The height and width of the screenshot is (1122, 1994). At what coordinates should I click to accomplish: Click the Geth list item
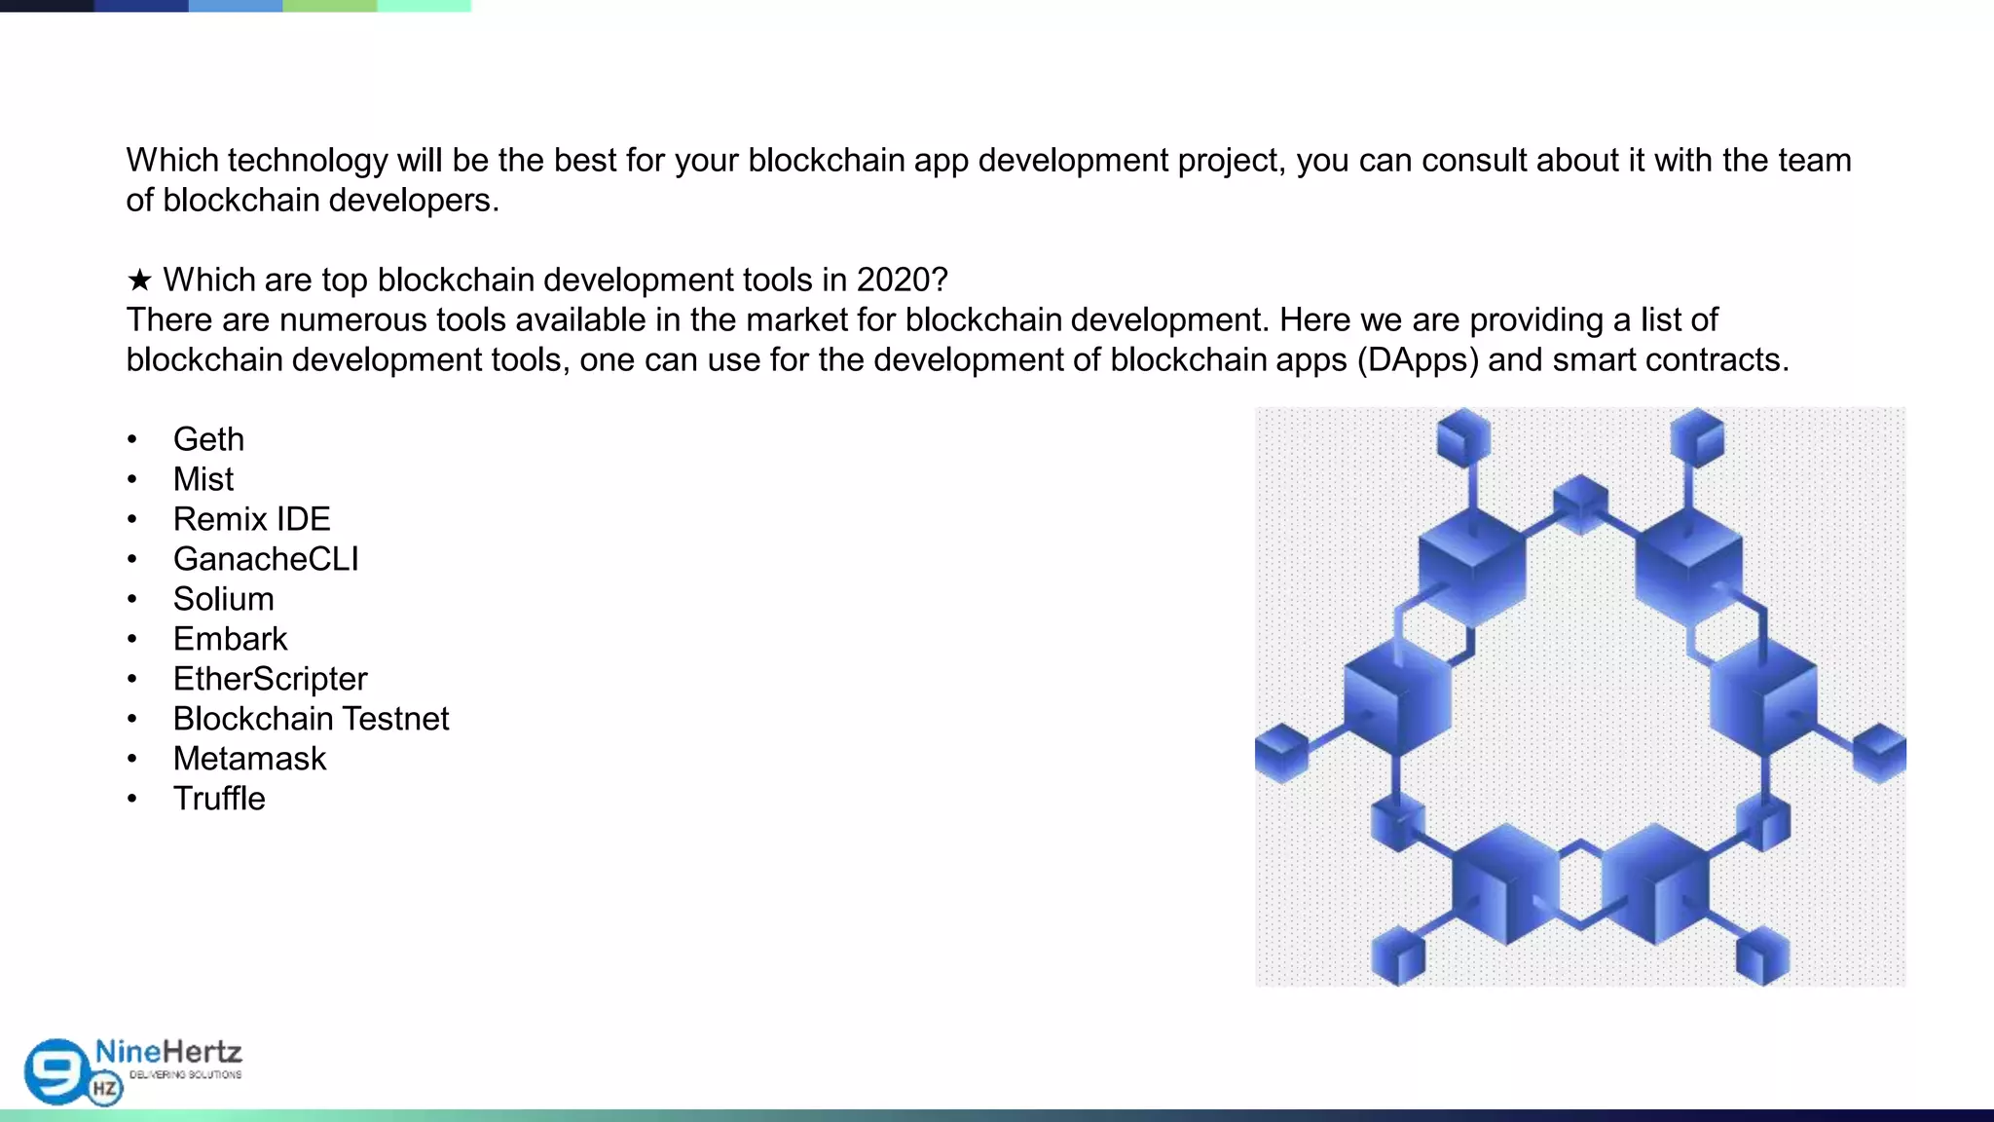tap(208, 439)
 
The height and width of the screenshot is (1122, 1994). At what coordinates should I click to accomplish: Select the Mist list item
tap(203, 479)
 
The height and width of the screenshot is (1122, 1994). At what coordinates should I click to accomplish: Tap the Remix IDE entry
tap(251, 519)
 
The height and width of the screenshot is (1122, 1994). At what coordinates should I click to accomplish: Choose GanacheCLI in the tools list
tap(266, 559)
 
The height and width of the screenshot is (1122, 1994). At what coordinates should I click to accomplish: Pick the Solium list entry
tap(223, 599)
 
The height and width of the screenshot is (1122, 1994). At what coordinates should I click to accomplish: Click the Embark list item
tap(230, 639)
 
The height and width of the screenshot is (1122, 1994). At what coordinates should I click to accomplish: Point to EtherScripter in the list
tap(270, 679)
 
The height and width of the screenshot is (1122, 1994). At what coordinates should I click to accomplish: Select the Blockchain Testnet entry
tap(311, 719)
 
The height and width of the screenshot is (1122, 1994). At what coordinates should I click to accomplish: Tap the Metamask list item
tap(249, 759)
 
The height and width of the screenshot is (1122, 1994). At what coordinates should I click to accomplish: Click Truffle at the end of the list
tap(219, 799)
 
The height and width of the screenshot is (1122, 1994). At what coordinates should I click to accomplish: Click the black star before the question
tap(139, 280)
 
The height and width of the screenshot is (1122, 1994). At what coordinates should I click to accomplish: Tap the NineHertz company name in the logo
tap(168, 1052)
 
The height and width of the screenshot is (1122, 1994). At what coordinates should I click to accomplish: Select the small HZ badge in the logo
tap(105, 1089)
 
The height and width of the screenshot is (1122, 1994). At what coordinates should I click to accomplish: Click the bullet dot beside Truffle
tap(131, 799)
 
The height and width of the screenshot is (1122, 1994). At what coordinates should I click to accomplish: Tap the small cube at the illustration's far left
tap(1281, 753)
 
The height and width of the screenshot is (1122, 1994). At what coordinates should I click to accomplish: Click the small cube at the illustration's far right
tap(1879, 753)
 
